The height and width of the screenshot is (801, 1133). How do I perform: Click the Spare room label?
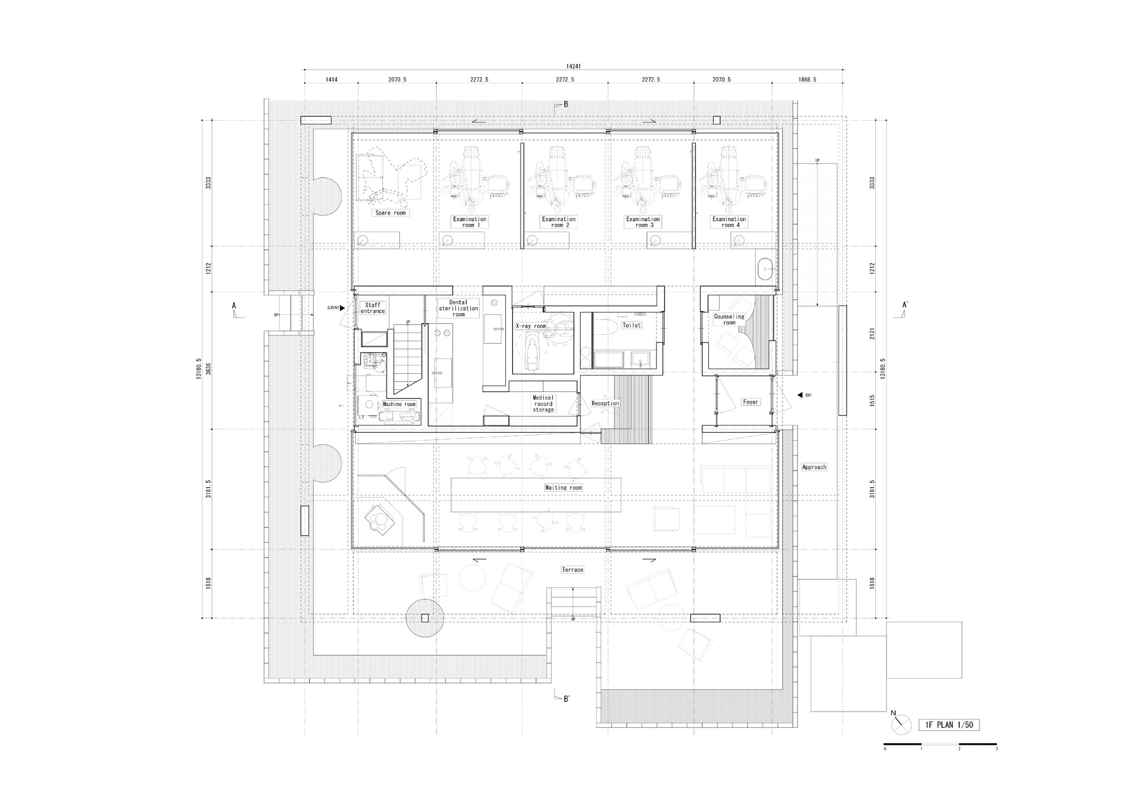pos(391,213)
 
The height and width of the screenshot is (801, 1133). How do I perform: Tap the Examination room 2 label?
pos(559,221)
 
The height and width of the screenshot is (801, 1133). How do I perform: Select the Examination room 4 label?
pos(729,221)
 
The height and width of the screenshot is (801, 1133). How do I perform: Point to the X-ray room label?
pos(531,326)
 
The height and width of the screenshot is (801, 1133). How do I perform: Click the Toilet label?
pos(632,325)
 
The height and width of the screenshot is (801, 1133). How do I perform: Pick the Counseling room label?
pos(729,319)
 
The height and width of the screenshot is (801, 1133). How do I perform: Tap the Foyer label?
pos(751,402)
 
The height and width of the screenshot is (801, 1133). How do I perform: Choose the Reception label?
pos(606,403)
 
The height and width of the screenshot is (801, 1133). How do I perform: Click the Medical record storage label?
pos(543,403)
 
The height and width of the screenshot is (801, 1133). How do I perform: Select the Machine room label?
pos(399,404)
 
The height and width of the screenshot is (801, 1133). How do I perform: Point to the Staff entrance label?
pos(373,308)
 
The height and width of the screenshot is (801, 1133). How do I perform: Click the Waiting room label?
pos(563,487)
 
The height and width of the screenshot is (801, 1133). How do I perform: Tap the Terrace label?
pos(572,569)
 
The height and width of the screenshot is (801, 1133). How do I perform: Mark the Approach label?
pos(814,467)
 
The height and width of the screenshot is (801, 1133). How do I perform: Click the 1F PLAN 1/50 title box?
pos(949,725)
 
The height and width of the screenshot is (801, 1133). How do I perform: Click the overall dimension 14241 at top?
pos(573,66)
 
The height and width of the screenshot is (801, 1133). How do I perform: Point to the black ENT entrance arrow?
pos(800,395)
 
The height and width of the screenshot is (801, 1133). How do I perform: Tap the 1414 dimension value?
pos(331,80)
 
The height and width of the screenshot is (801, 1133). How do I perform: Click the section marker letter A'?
pos(905,305)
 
